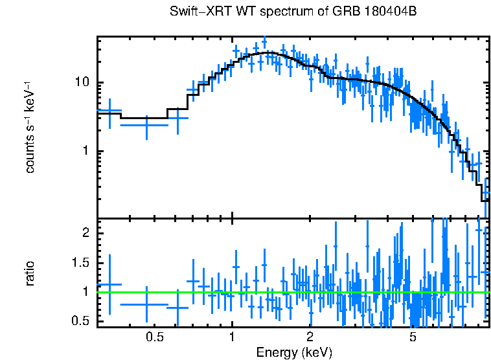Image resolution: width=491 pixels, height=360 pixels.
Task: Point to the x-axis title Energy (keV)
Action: click(x=294, y=353)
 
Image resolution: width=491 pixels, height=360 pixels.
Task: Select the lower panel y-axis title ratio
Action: click(x=30, y=274)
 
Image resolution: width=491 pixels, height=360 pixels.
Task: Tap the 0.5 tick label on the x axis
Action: click(x=154, y=337)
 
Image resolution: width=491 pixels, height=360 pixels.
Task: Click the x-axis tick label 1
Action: click(x=232, y=337)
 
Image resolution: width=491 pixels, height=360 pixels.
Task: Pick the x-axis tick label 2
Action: click(x=310, y=337)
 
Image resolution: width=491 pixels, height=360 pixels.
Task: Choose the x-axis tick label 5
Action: click(x=413, y=337)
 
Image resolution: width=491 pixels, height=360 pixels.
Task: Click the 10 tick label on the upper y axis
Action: click(x=82, y=83)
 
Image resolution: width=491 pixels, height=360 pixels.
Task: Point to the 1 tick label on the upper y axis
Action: click(x=86, y=152)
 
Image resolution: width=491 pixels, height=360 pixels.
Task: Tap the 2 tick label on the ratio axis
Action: click(x=86, y=233)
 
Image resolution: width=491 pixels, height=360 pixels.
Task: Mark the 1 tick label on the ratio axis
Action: click(x=86, y=292)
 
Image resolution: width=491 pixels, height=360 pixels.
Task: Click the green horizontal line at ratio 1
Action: click(x=194, y=292)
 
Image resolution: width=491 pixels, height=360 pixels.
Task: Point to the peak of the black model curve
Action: click(x=268, y=52)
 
